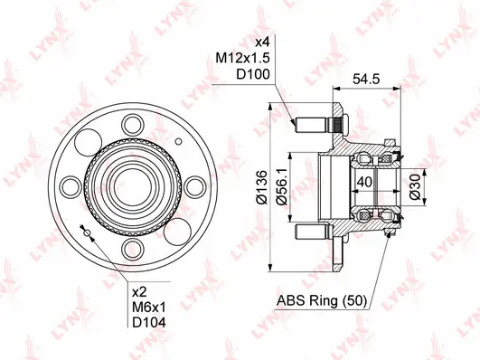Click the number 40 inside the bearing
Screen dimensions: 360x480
tap(363, 182)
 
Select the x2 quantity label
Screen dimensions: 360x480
tap(140, 293)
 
